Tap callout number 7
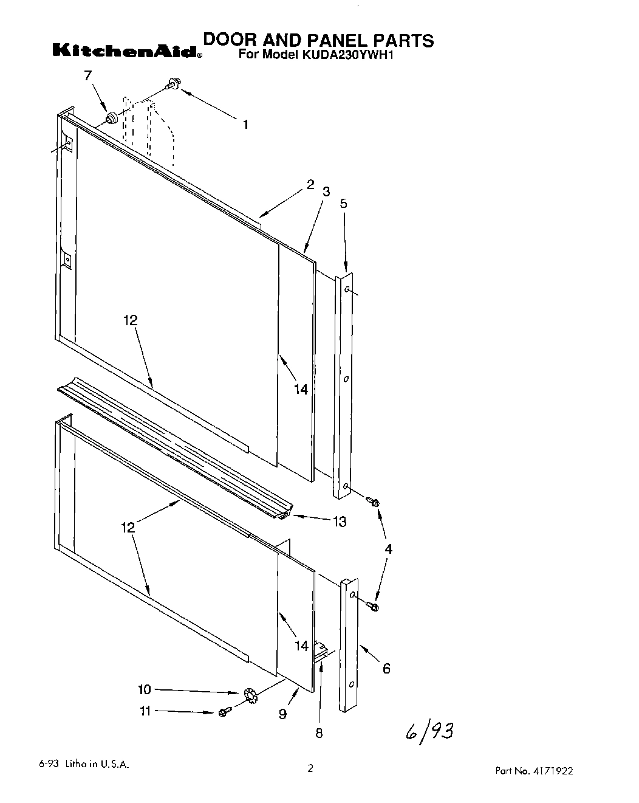pyautogui.click(x=87, y=75)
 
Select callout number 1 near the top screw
pyautogui.click(x=245, y=125)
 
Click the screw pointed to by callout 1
pyautogui.click(x=173, y=86)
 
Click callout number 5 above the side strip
pyautogui.click(x=343, y=204)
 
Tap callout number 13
pyautogui.click(x=339, y=521)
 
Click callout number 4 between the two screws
pyautogui.click(x=388, y=549)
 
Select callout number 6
pyautogui.click(x=386, y=669)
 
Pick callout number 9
pyautogui.click(x=282, y=714)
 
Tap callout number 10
pyautogui.click(x=144, y=689)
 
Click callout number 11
pyautogui.click(x=145, y=711)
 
